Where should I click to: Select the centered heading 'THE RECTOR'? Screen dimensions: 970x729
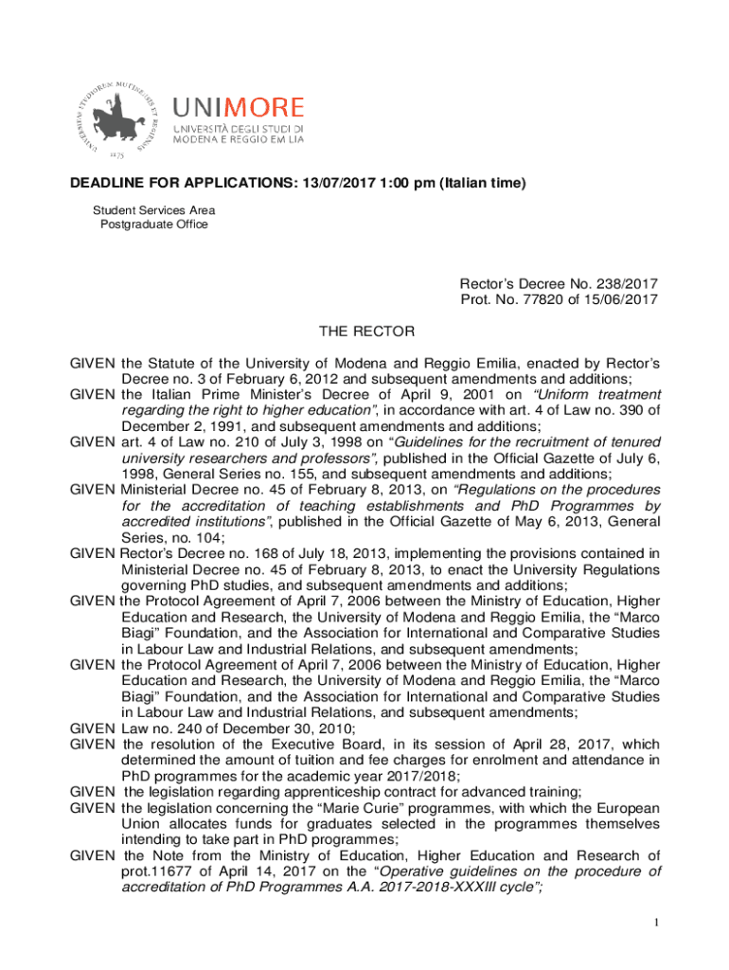(x=365, y=332)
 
